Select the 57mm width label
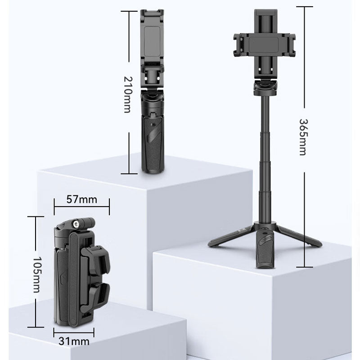coord(81,199)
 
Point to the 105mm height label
coord(36,275)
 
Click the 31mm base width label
coord(74,342)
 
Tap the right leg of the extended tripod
coord(299,236)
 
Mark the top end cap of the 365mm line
coord(304,7)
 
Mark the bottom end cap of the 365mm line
coord(304,267)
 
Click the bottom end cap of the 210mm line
coord(129,174)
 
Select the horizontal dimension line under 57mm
coord(81,207)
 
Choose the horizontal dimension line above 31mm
coord(74,333)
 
